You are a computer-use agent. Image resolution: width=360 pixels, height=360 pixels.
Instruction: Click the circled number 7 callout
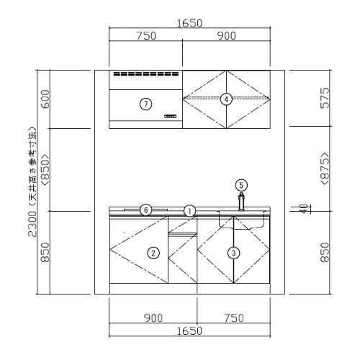click(145, 104)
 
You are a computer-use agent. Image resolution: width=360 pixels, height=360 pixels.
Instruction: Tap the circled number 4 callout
click(226, 99)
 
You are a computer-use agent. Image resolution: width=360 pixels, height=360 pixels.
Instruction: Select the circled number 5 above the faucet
click(241, 185)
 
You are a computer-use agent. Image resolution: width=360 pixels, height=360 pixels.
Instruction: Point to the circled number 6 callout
click(145, 210)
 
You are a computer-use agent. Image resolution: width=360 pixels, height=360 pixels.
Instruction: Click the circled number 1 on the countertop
click(189, 211)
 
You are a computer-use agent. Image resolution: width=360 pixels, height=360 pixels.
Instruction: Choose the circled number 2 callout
click(153, 253)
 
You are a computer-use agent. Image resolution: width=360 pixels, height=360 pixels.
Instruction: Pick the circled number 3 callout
click(233, 253)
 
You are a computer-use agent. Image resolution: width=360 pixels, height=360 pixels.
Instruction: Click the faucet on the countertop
click(241, 202)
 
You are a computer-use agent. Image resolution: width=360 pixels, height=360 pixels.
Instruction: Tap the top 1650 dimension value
click(189, 23)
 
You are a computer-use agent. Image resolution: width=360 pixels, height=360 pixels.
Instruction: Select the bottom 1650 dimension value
click(189, 331)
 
